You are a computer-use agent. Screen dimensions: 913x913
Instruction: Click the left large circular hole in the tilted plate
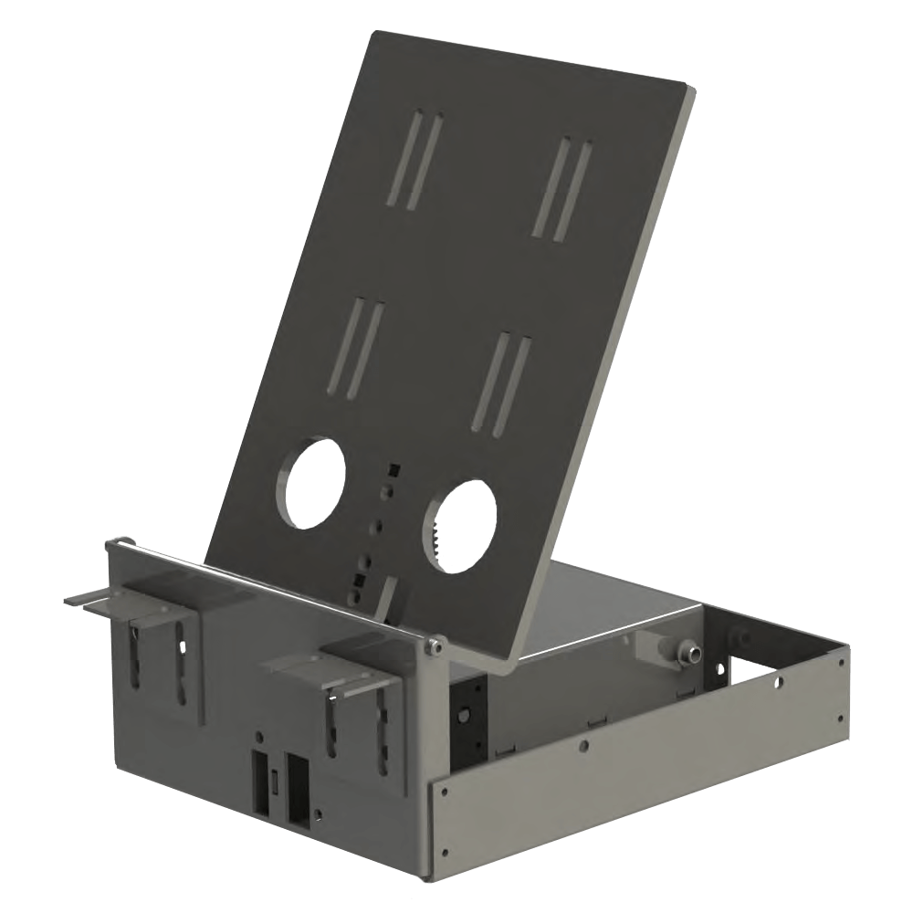(x=316, y=481)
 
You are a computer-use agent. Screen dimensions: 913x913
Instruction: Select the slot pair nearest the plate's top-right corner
(x=563, y=189)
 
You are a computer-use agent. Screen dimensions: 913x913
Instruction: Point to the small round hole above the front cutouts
(x=260, y=735)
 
